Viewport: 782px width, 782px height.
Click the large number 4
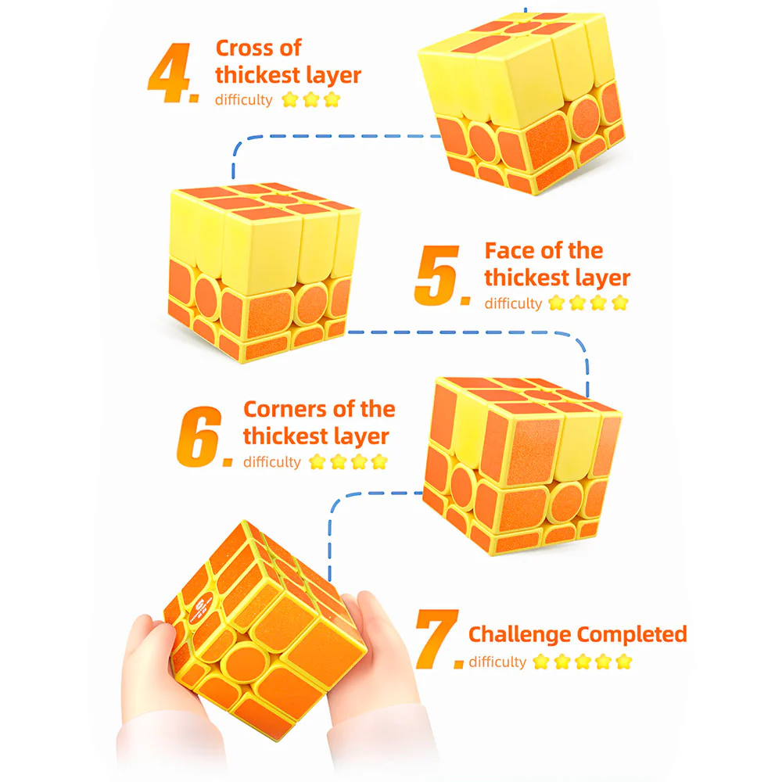[x=169, y=74]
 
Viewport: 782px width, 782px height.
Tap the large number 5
[x=437, y=274]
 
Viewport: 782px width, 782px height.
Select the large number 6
[x=199, y=437]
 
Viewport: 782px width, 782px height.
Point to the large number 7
[x=437, y=638]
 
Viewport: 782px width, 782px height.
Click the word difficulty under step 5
[x=513, y=303]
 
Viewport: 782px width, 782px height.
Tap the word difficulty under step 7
[x=497, y=662]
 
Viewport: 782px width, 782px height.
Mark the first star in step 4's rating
[x=290, y=100]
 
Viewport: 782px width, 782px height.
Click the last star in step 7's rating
[x=623, y=662]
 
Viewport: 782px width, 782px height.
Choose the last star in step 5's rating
[x=619, y=303]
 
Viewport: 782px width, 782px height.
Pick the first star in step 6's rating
[x=317, y=462]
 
